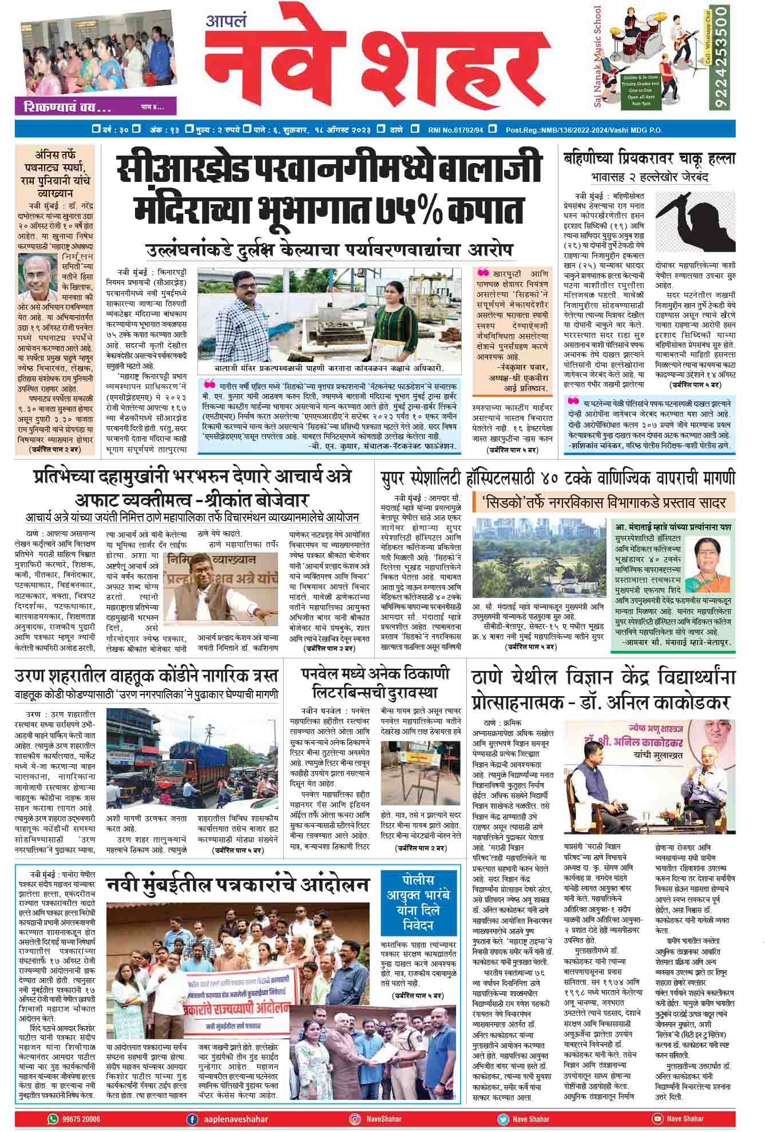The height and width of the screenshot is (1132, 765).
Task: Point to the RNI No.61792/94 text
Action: click(455, 130)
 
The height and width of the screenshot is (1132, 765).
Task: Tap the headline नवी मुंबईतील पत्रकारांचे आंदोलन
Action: click(237, 885)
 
